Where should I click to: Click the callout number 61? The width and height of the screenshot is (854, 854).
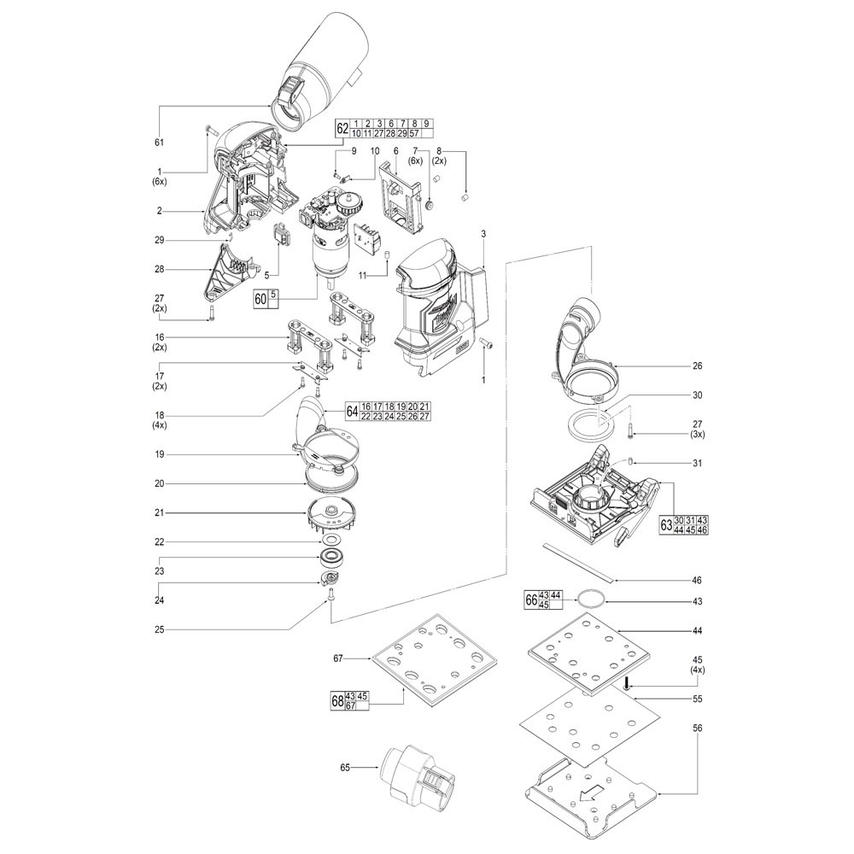click(159, 143)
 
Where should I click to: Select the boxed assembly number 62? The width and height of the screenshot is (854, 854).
click(342, 129)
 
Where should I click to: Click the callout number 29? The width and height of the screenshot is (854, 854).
click(159, 240)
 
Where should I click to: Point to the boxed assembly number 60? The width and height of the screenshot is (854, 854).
click(261, 299)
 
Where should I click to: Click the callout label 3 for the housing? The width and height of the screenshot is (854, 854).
click(483, 234)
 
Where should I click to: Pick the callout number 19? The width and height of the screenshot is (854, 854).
click(159, 454)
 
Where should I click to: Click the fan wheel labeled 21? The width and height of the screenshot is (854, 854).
click(333, 517)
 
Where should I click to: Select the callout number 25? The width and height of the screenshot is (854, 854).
click(159, 629)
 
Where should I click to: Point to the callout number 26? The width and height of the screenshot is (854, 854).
click(697, 366)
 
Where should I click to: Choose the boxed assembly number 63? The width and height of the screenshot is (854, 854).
click(666, 525)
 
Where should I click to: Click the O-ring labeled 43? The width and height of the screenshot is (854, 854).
click(592, 600)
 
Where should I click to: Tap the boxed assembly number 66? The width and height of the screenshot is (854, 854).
click(531, 600)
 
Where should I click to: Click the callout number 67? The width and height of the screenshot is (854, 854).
click(338, 658)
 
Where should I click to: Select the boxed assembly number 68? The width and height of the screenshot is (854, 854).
click(337, 701)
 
